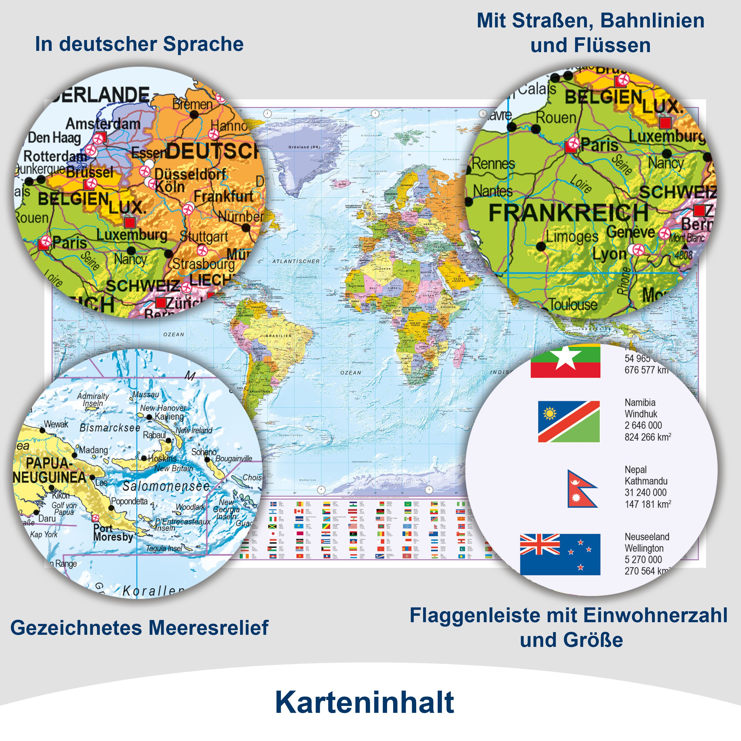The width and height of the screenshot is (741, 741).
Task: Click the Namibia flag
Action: click(x=569, y=422)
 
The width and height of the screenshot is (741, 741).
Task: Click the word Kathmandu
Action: click(x=646, y=481)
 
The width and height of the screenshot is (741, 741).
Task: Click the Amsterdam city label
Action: click(x=103, y=123)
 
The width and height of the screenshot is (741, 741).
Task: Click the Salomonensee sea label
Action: click(x=166, y=486)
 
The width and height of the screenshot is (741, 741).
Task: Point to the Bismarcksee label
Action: click(x=110, y=428)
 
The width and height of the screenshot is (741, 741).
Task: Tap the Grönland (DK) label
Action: click(x=304, y=147)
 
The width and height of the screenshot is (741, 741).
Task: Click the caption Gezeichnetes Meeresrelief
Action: click(x=139, y=628)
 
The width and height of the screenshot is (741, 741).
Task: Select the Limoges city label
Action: click(x=572, y=236)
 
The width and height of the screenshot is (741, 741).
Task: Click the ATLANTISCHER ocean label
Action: click(x=296, y=261)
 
